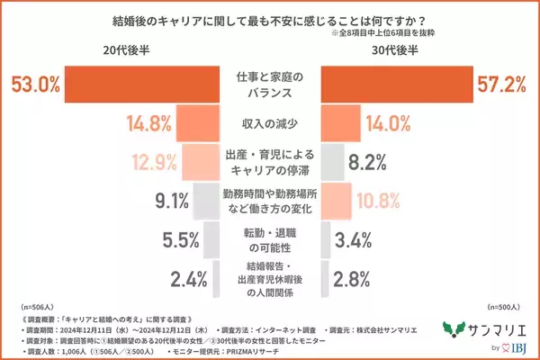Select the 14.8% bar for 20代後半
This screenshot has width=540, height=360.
point(199,122)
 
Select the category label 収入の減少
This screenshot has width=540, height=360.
point(269,122)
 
